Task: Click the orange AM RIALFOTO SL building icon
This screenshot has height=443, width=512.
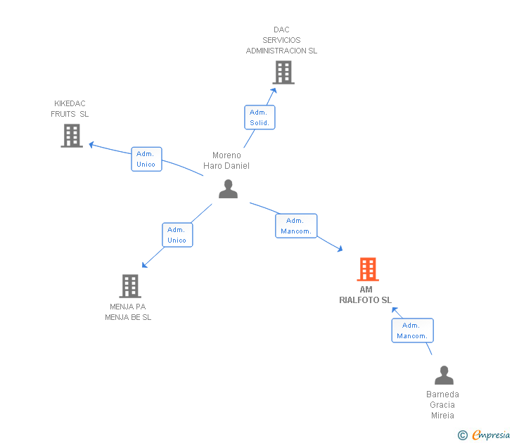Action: pos(367,269)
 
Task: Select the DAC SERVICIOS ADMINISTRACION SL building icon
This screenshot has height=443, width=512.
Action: pos(283,72)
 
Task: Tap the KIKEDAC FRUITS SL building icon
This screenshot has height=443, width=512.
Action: pos(72,136)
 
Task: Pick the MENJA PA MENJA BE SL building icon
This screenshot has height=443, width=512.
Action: pos(130,286)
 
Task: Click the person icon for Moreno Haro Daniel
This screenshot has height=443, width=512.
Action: pos(228,189)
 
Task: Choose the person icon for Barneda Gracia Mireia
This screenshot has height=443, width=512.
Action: pos(444,375)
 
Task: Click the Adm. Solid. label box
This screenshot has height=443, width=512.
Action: pos(260,117)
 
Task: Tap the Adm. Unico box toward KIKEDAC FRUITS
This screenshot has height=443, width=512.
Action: pos(146,159)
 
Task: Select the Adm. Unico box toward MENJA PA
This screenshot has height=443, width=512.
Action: pos(177,235)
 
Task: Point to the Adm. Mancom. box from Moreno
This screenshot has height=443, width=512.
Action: pos(296,226)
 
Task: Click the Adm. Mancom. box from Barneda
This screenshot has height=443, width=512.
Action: pos(412,330)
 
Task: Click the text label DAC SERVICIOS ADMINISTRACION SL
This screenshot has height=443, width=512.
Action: pos(281,40)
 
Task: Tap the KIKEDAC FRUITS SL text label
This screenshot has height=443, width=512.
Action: pos(70,109)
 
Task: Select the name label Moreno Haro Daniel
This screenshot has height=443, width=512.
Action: pos(226,160)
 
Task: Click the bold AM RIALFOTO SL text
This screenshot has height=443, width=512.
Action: pos(366,295)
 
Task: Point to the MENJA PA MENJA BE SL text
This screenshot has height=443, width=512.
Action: pos(128,312)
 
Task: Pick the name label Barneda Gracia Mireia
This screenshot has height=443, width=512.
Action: pos(442,404)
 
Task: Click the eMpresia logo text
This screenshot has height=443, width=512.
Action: pos(491,435)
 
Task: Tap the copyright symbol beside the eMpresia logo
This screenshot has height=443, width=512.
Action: pos(462,435)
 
